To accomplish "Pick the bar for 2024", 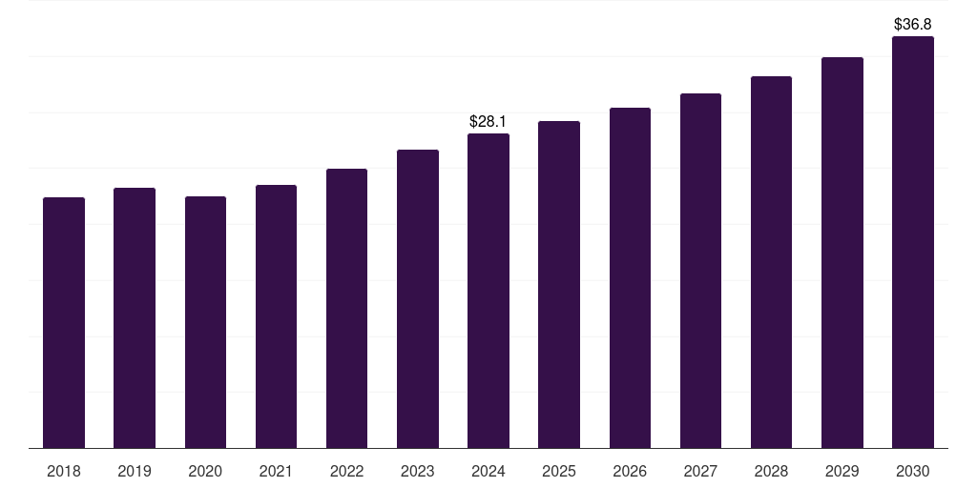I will [x=488, y=291].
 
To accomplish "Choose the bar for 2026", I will [x=630, y=277].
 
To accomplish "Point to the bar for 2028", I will [x=771, y=262].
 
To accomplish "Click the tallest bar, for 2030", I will [x=913, y=242].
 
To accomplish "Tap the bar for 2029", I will [x=842, y=253].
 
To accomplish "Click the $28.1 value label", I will [x=488, y=122].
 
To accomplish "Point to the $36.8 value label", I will [x=913, y=24].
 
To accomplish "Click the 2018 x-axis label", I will [x=64, y=471].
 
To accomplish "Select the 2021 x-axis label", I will [x=276, y=471].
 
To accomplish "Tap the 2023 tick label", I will [x=418, y=471].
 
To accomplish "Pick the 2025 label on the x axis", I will [x=559, y=471].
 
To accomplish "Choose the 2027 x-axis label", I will [x=700, y=471].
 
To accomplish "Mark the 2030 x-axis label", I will [x=913, y=471].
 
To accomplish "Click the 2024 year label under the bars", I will [x=488, y=471].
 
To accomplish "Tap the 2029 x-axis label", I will [x=842, y=471].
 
